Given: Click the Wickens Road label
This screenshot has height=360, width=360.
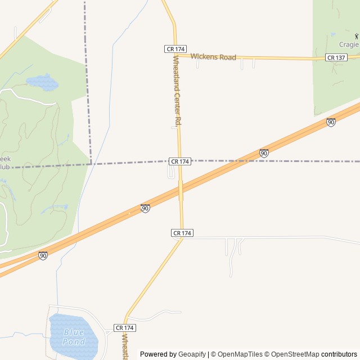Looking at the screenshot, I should click(213, 57).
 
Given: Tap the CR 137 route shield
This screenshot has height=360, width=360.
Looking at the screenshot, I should click(336, 57).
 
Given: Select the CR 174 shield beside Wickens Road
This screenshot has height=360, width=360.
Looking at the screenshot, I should click(175, 49).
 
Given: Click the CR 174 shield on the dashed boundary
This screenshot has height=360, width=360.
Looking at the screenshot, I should click(180, 161).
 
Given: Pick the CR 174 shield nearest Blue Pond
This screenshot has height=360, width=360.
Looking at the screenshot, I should click(125, 327).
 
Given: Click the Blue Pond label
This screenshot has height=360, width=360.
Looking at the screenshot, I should click(74, 337).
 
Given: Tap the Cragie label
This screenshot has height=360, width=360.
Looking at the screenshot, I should click(348, 44).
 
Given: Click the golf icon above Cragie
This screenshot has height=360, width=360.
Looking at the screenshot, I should click(356, 36).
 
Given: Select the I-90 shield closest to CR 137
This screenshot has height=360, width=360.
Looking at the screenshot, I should click(331, 122).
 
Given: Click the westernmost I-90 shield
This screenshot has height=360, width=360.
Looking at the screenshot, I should click(43, 255).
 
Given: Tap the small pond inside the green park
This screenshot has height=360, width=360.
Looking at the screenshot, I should click(42, 83).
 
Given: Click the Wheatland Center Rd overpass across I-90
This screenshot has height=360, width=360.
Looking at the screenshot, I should click(181, 190).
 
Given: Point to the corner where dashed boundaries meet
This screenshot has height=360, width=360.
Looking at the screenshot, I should click(91, 164).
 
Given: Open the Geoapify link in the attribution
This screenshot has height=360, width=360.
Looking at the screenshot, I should click(192, 354).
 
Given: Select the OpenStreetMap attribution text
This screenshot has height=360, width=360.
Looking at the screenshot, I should click(295, 354).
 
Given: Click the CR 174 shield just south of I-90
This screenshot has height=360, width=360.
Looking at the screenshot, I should click(182, 233).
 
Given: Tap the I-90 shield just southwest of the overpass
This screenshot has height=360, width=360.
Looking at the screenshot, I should click(145, 208).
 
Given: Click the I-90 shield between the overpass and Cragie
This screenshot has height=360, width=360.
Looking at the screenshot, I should click(264, 152).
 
